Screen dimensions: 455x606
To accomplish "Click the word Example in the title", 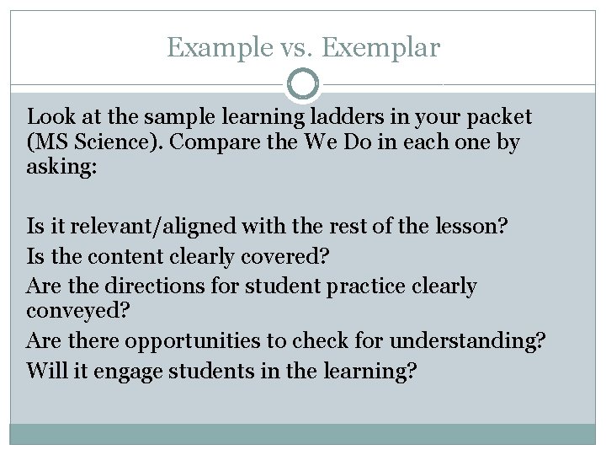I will [x=215, y=48].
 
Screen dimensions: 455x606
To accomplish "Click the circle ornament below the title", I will [x=303, y=84].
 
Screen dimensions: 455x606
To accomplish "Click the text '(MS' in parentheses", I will [x=49, y=142].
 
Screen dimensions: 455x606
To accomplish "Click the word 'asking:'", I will [x=62, y=168].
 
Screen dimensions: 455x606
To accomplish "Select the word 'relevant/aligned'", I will [x=154, y=227].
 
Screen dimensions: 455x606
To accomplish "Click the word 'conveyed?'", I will [x=77, y=311].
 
